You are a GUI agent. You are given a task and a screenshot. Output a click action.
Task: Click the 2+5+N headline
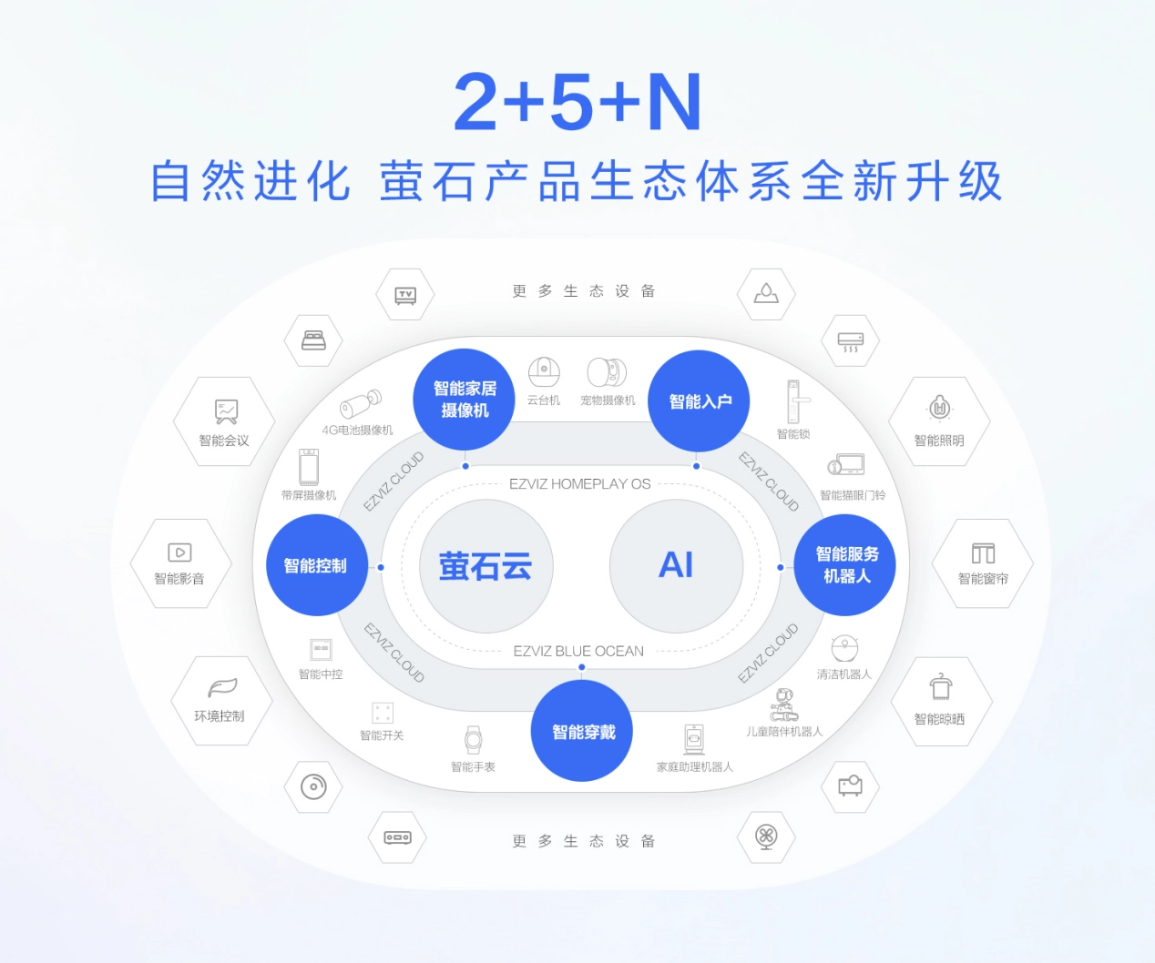coord(578,102)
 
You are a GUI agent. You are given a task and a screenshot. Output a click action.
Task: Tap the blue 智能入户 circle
coord(699,400)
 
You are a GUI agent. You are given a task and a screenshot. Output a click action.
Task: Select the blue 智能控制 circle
coord(317,565)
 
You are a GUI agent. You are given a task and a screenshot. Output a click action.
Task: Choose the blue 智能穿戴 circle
coord(581,731)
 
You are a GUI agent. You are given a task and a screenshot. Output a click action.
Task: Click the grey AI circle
coord(676,565)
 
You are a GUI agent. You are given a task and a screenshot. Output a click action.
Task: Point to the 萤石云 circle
coord(486,565)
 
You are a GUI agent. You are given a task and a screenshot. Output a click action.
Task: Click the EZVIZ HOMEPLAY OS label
coord(579,484)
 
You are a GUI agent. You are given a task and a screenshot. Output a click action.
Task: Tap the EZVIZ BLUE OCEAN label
coord(578,651)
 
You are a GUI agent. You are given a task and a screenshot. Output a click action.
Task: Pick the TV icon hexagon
coord(405,294)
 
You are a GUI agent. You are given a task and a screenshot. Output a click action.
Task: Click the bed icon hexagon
coord(313,340)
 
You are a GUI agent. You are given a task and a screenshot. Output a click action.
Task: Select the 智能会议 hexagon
coord(224,421)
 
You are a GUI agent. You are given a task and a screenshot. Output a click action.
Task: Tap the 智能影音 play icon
coord(179,552)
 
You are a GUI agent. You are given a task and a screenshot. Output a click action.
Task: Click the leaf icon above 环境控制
coord(222,687)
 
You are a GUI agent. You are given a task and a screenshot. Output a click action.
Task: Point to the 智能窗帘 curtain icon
coord(983,553)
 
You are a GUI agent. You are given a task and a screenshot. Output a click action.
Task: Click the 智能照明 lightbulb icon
coord(939,409)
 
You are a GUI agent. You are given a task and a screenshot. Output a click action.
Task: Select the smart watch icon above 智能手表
coord(473,740)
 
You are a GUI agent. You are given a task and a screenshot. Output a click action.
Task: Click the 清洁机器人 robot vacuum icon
coord(844,648)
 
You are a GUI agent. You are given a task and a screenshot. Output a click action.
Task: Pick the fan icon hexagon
coord(766,837)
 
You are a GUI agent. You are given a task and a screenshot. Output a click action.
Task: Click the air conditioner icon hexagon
coord(850,340)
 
